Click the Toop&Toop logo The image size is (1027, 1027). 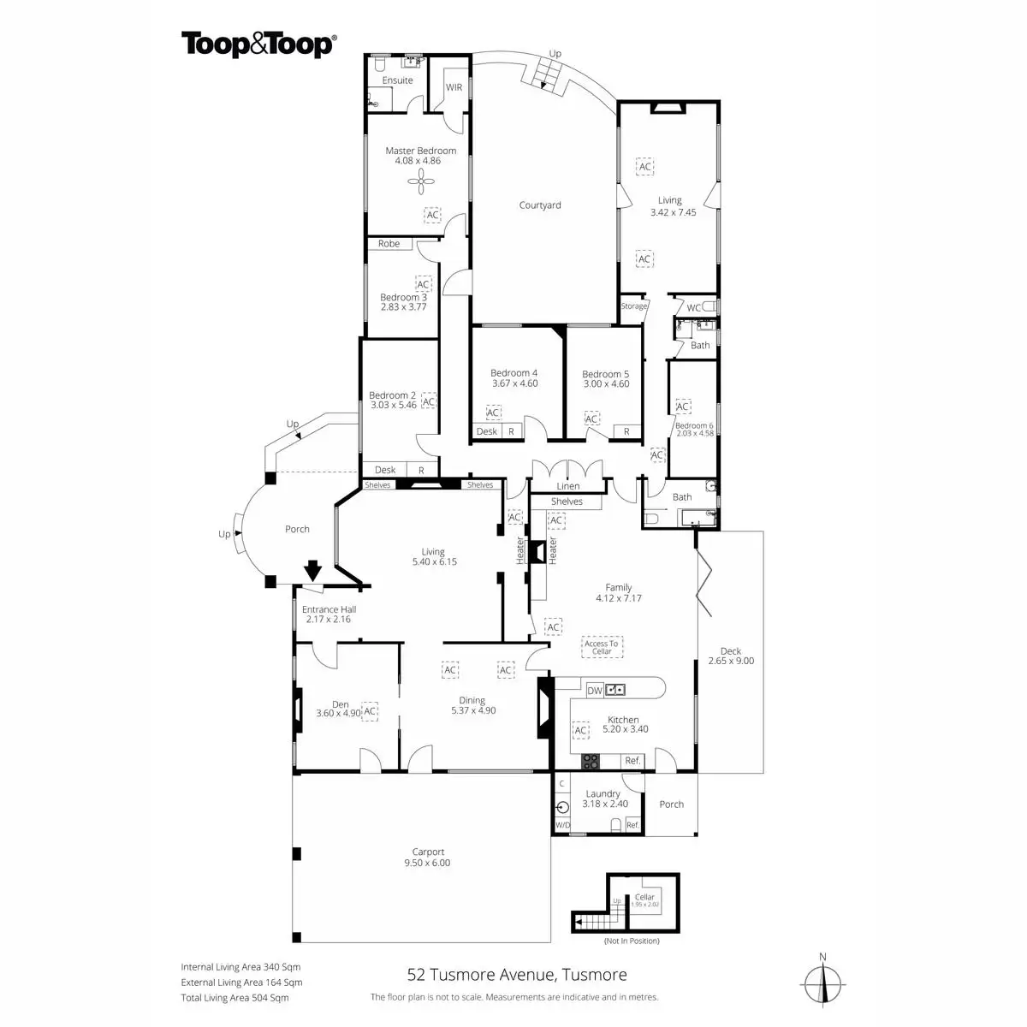[258, 45]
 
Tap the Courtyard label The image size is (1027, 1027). [540, 205]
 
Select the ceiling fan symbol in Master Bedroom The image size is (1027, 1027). [421, 179]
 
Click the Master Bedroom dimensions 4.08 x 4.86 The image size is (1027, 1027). [420, 161]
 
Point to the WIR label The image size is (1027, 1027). [454, 88]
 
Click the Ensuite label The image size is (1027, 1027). [397, 80]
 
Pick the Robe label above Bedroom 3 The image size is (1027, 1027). [389, 244]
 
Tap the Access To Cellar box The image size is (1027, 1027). [602, 648]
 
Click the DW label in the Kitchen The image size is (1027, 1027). [595, 690]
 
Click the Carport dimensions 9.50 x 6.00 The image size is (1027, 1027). [428, 863]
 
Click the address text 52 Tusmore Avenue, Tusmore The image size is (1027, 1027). [516, 975]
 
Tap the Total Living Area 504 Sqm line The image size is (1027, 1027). [234, 998]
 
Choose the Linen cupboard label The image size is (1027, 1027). [568, 486]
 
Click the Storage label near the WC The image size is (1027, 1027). [634, 306]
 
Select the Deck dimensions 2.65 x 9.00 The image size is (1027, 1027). [731, 661]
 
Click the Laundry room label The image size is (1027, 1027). [603, 794]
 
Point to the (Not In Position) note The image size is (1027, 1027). [632, 941]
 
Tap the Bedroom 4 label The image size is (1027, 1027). [514, 373]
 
